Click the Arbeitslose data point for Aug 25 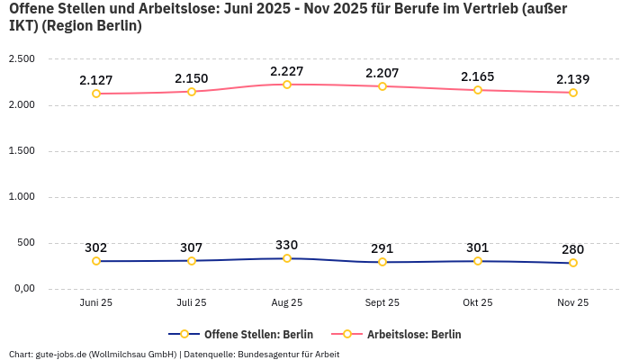(287, 85)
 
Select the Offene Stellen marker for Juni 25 (96, 261)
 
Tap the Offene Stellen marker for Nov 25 (573, 263)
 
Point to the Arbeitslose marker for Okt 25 (478, 90)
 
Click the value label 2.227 (287, 71)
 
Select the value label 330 (287, 245)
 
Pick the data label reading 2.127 (96, 80)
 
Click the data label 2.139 (573, 79)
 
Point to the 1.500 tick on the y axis (21, 151)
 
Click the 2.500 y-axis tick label (21, 59)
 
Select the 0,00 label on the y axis (22, 289)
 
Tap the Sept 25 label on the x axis (382, 303)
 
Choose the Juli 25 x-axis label (192, 303)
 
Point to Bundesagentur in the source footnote (286, 354)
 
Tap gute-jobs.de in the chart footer (60, 354)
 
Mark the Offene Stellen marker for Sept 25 (382, 262)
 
